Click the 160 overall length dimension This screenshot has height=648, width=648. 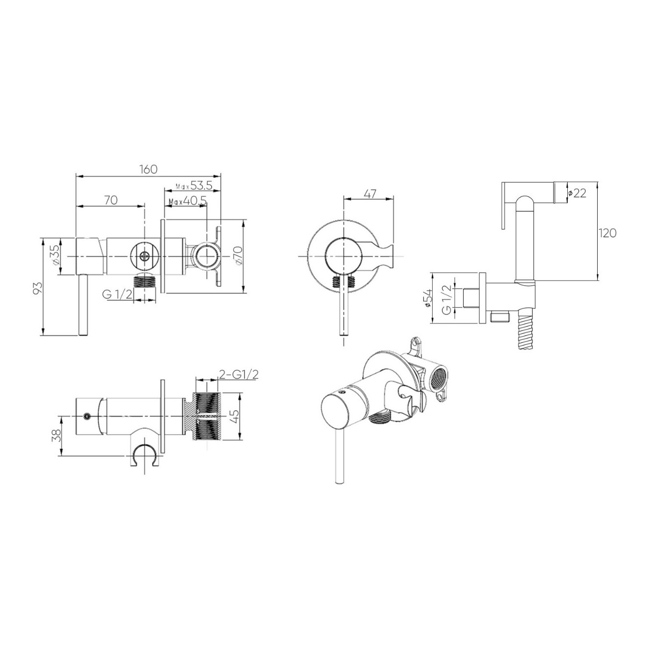point(149,169)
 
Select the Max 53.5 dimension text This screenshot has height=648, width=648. point(194,185)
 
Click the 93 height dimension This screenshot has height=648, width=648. point(38,288)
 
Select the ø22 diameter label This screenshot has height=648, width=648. point(577,193)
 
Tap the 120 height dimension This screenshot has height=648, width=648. point(607,233)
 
